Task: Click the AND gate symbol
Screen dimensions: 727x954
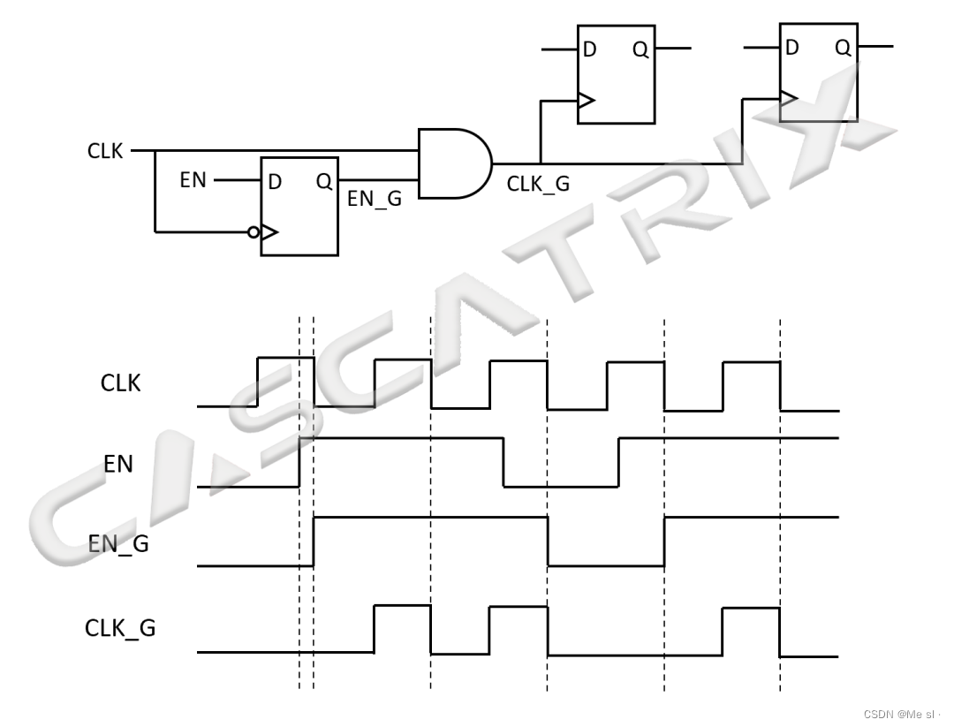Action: pyautogui.click(x=453, y=163)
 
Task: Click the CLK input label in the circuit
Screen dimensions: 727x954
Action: pyautogui.click(x=106, y=151)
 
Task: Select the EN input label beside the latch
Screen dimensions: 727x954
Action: pyautogui.click(x=193, y=180)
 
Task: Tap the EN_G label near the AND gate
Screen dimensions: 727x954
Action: pyautogui.click(x=374, y=200)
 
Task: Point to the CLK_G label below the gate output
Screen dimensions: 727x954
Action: pyautogui.click(x=538, y=185)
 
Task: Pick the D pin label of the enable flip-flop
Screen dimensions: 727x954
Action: pyautogui.click(x=275, y=182)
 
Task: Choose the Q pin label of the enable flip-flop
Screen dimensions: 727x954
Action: pyautogui.click(x=323, y=182)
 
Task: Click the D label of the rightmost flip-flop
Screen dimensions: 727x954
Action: pyautogui.click(x=792, y=48)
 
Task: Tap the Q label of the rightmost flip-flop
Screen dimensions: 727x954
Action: pyautogui.click(x=843, y=48)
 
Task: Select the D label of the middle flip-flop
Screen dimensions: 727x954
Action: pyautogui.click(x=589, y=49)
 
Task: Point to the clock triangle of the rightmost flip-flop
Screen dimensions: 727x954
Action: pyautogui.click(x=789, y=97)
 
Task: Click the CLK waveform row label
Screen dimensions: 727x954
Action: pyautogui.click(x=120, y=383)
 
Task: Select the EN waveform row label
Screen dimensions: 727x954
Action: pyautogui.click(x=118, y=463)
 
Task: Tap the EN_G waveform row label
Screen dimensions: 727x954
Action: pyautogui.click(x=118, y=543)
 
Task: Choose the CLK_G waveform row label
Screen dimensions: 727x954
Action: pyautogui.click(x=120, y=628)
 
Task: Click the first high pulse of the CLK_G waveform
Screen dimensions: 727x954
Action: pyautogui.click(x=402, y=627)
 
